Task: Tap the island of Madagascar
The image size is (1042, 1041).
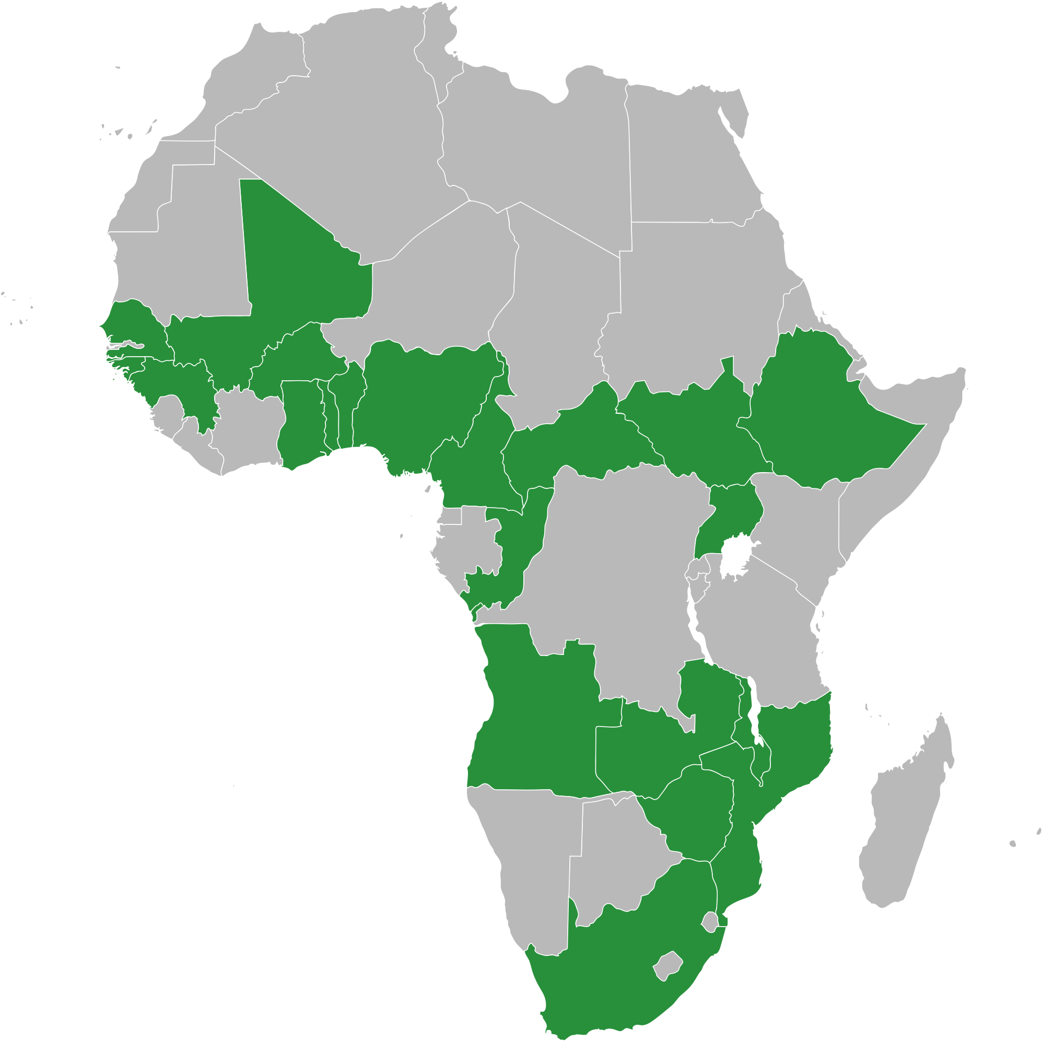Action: click(x=906, y=809)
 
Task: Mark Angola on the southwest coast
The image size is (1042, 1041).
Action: click(x=534, y=717)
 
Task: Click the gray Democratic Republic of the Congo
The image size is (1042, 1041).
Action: click(x=620, y=566)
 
